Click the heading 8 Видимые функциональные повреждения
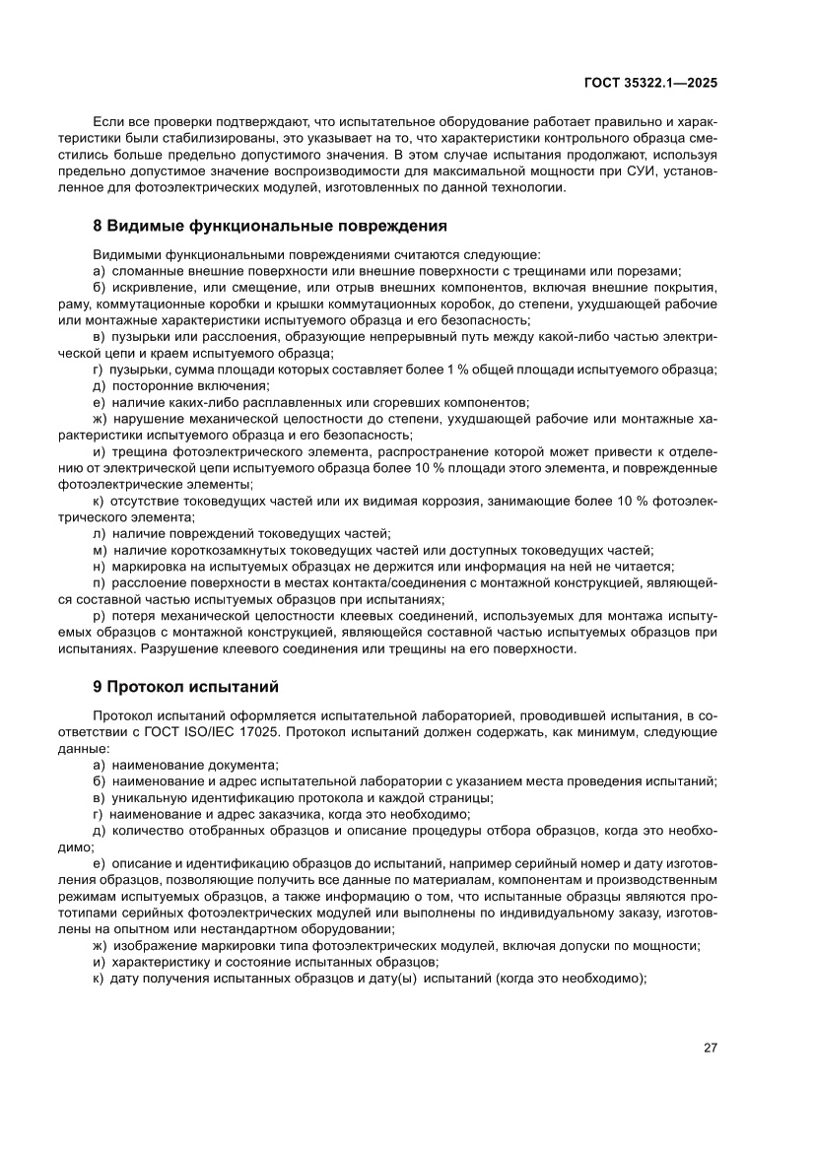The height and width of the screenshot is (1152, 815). tap(269, 226)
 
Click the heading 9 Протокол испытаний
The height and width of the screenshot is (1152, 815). tap(186, 685)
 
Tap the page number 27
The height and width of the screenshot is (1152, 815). tap(710, 1048)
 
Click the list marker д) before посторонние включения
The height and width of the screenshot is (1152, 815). tap(99, 385)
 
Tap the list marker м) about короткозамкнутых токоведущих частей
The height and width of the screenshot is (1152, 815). tap(99, 549)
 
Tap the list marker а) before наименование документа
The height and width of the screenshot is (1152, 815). tap(99, 766)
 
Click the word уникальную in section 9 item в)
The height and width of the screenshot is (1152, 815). tap(147, 798)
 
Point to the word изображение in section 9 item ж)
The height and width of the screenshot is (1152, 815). tap(153, 945)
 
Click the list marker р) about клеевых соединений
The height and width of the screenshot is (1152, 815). tap(99, 615)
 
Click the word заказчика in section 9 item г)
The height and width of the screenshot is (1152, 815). tap(275, 814)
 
